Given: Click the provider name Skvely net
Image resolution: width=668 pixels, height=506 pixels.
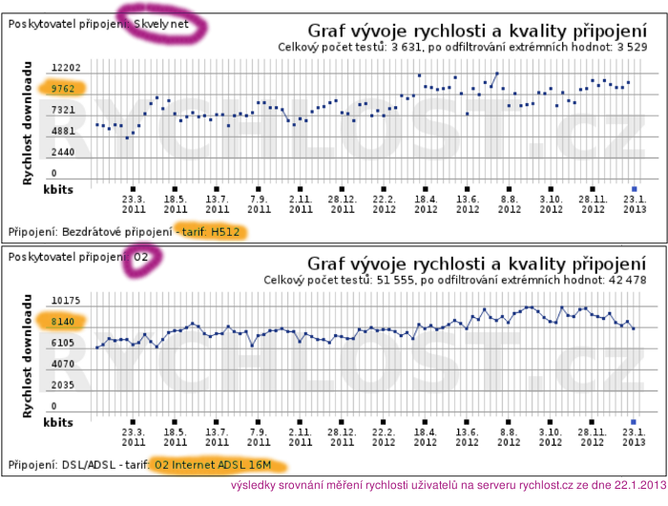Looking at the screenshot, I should pyautogui.click(x=161, y=23).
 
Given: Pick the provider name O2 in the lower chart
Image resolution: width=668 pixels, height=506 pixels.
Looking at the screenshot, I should pyautogui.click(x=140, y=256).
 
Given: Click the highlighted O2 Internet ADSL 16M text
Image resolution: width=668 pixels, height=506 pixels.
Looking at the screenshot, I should pyautogui.click(x=213, y=465).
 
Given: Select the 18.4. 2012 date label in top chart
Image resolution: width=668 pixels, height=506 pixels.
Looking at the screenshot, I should pyautogui.click(x=426, y=203).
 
